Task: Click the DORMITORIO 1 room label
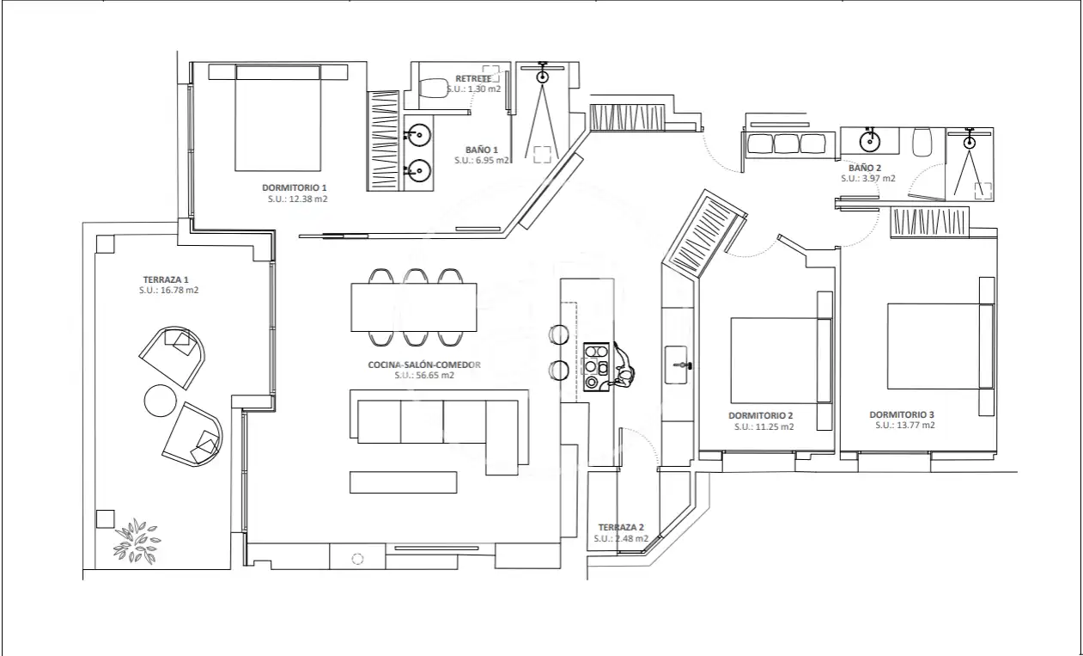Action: click(x=294, y=187)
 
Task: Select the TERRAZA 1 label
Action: click(x=166, y=279)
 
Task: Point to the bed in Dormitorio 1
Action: click(x=278, y=118)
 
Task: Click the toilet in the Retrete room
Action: click(x=433, y=89)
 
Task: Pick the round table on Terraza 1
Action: click(x=161, y=401)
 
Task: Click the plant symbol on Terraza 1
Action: click(x=137, y=542)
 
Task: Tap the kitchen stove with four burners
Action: click(x=596, y=367)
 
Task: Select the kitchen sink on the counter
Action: click(x=677, y=365)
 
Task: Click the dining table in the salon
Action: click(x=414, y=308)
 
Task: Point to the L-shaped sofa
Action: click(x=439, y=431)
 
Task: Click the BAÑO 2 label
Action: click(x=865, y=168)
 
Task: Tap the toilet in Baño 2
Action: click(x=922, y=142)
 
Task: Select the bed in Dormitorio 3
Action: click(x=940, y=346)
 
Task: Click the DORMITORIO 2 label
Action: click(x=761, y=416)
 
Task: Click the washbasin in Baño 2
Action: click(x=870, y=142)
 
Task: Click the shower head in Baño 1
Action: click(x=543, y=77)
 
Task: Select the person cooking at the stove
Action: click(x=624, y=367)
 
